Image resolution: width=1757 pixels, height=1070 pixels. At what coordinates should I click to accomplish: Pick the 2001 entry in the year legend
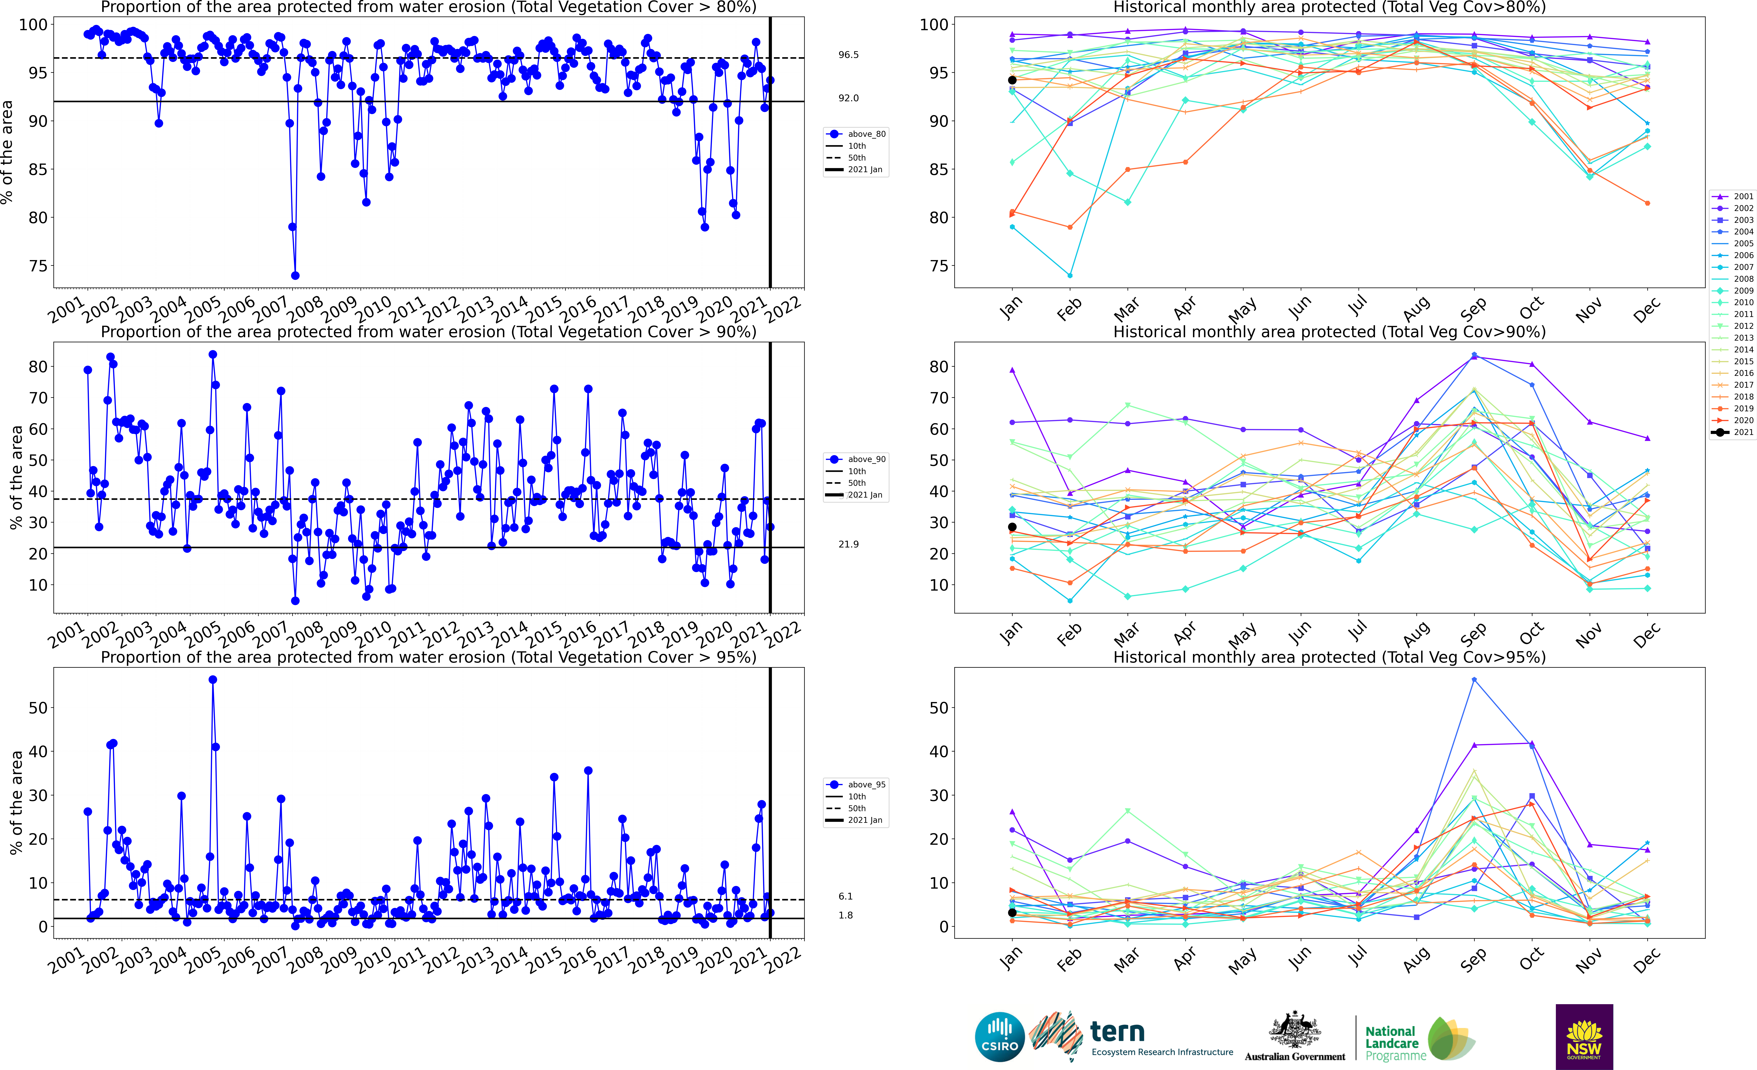coord(1733,196)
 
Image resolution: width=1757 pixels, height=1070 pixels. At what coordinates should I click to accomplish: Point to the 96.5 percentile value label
coord(849,55)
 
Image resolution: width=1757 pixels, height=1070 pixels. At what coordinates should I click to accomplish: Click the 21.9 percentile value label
coord(849,544)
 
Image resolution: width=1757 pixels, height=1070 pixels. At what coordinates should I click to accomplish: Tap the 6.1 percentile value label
coord(846,897)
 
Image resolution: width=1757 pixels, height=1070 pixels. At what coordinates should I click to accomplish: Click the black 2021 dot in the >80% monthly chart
coord(1012,80)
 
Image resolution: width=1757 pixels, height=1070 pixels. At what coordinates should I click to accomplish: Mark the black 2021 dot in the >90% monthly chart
coord(1012,527)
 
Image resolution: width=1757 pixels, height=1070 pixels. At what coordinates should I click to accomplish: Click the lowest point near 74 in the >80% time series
coord(295,275)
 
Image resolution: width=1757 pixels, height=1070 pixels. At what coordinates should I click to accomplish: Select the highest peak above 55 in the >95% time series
coord(213,680)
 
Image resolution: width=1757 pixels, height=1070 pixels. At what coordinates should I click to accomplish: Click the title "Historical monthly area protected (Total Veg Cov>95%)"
coord(1329,657)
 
